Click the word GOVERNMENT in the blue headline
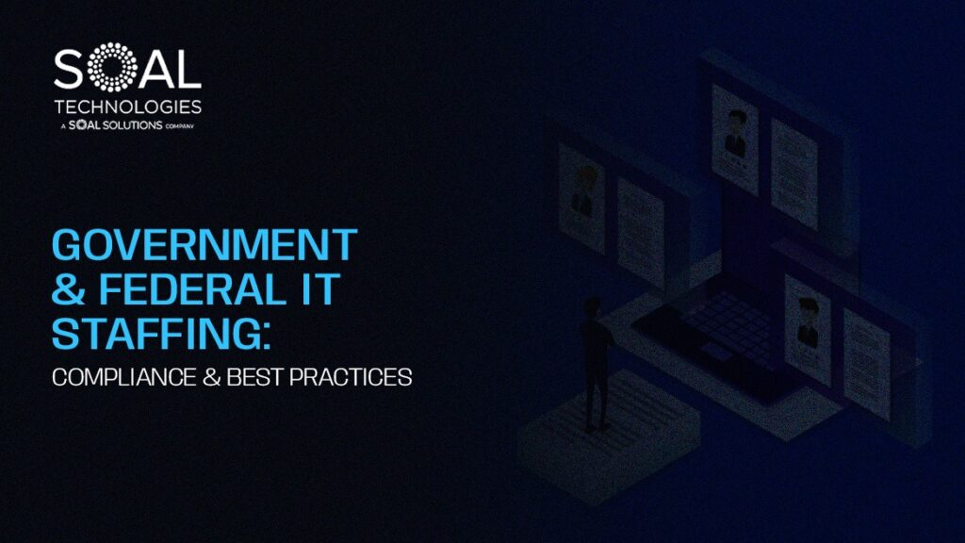pyautogui.click(x=204, y=244)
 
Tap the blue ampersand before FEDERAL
pyautogui.click(x=68, y=289)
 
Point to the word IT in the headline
pyautogui.click(x=320, y=289)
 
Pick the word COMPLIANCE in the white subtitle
pyautogui.click(x=123, y=377)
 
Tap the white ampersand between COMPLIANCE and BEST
pyautogui.click(x=211, y=377)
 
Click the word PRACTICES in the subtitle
pyautogui.click(x=351, y=377)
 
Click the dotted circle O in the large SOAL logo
pyautogui.click(x=112, y=68)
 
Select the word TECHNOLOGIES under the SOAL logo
pyautogui.click(x=128, y=107)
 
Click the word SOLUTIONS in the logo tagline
pyautogui.click(x=132, y=125)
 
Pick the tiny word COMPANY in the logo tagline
pyautogui.click(x=180, y=126)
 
